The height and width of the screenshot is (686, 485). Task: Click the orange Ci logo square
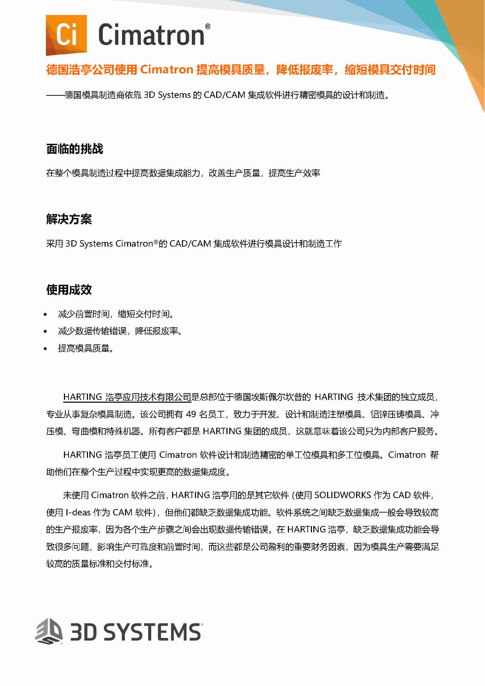(66, 35)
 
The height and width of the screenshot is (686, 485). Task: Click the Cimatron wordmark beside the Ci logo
(151, 35)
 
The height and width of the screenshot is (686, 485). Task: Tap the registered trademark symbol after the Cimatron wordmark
(208, 26)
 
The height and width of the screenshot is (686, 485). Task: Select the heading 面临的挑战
(75, 149)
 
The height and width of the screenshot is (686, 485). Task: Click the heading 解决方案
(69, 219)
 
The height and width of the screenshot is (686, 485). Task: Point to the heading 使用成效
(69, 290)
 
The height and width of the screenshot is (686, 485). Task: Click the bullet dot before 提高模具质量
(45, 349)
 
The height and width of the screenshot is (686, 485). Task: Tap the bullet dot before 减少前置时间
(45, 314)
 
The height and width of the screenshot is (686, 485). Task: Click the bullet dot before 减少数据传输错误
(45, 332)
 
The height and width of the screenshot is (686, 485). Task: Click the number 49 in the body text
(191, 414)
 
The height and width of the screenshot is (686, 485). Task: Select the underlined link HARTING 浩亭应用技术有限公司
(127, 397)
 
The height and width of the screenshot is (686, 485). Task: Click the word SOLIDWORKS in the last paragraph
(343, 495)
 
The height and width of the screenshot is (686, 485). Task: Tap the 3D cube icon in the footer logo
(49, 632)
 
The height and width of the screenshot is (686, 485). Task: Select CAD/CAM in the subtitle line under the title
(224, 95)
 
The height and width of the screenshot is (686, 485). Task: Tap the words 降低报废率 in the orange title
(304, 70)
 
